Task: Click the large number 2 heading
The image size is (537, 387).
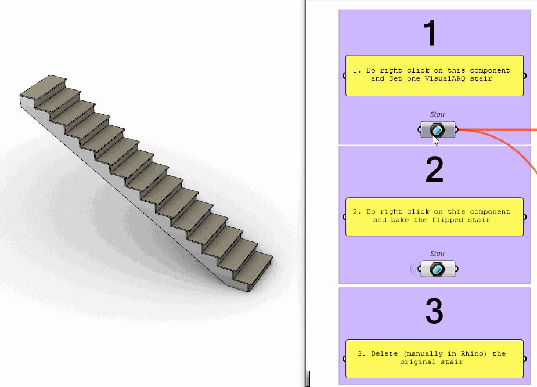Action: [x=434, y=170]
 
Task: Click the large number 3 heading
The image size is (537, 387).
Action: [x=434, y=312]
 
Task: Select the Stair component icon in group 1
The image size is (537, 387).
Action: [x=438, y=130]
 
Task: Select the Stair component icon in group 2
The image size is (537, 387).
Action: [x=438, y=269]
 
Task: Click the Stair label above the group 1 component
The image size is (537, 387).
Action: [x=438, y=115]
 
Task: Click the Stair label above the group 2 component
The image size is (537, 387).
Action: [x=438, y=254]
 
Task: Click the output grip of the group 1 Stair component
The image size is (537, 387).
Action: [x=456, y=130]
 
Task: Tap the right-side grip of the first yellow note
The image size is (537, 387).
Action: [x=525, y=75]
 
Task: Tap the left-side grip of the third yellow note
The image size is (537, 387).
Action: [x=344, y=359]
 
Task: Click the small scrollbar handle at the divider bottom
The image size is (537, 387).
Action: [x=308, y=379]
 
